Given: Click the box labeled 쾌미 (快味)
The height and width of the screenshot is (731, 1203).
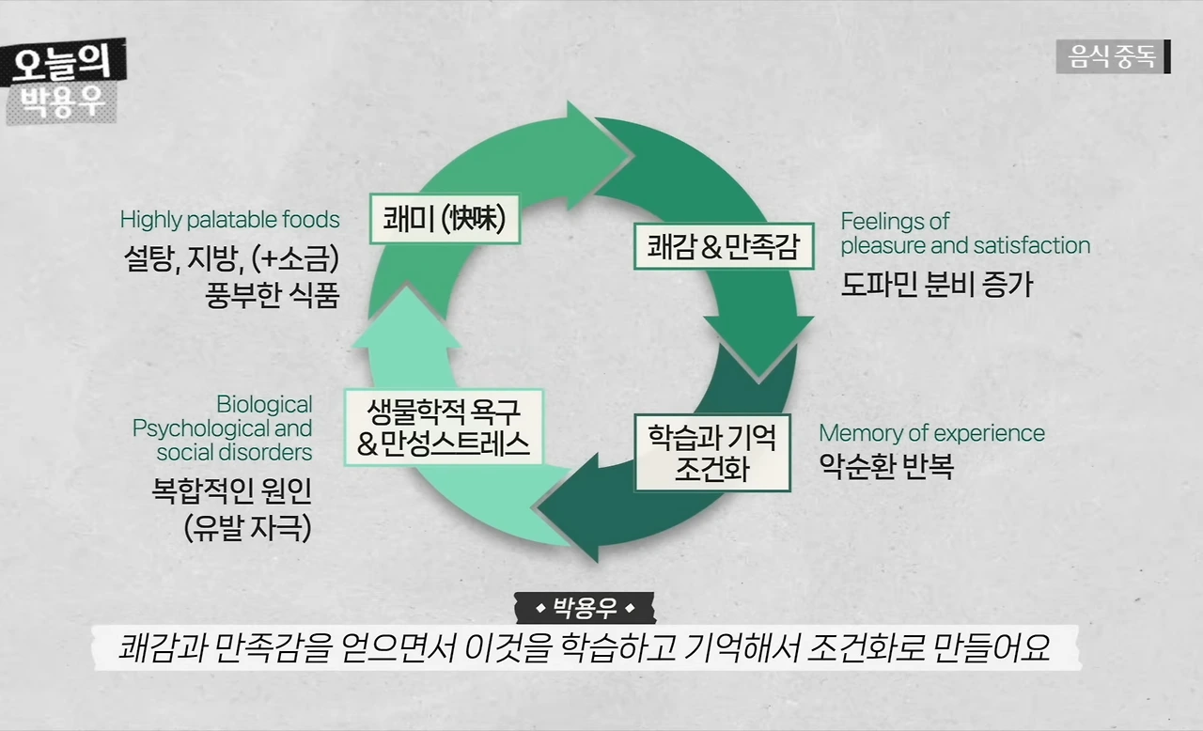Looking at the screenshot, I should pyautogui.click(x=445, y=219).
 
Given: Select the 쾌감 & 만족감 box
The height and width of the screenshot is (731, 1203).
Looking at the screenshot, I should pyautogui.click(x=723, y=246).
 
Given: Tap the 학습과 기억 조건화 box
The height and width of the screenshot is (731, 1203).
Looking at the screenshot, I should pyautogui.click(x=711, y=452).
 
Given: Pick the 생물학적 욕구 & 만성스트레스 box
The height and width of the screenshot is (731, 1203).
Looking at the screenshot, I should pyautogui.click(x=444, y=427).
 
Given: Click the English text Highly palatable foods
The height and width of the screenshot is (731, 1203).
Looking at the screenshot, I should pyautogui.click(x=229, y=220).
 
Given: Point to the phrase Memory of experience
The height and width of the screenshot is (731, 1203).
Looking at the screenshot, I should pyautogui.click(x=931, y=433).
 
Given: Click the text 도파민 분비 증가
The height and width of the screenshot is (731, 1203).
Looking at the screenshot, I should pyautogui.click(x=936, y=283).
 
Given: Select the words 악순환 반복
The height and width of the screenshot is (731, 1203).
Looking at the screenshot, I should pyautogui.click(x=885, y=465).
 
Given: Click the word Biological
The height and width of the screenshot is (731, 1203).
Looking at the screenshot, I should pyautogui.click(x=264, y=405).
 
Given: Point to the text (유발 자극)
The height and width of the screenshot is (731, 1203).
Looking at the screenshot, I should pyautogui.click(x=248, y=526).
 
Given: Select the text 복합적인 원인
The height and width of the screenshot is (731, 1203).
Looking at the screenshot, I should pyautogui.click(x=231, y=490).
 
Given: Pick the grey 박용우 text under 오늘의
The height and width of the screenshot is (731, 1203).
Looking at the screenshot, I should pyautogui.click(x=61, y=101).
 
